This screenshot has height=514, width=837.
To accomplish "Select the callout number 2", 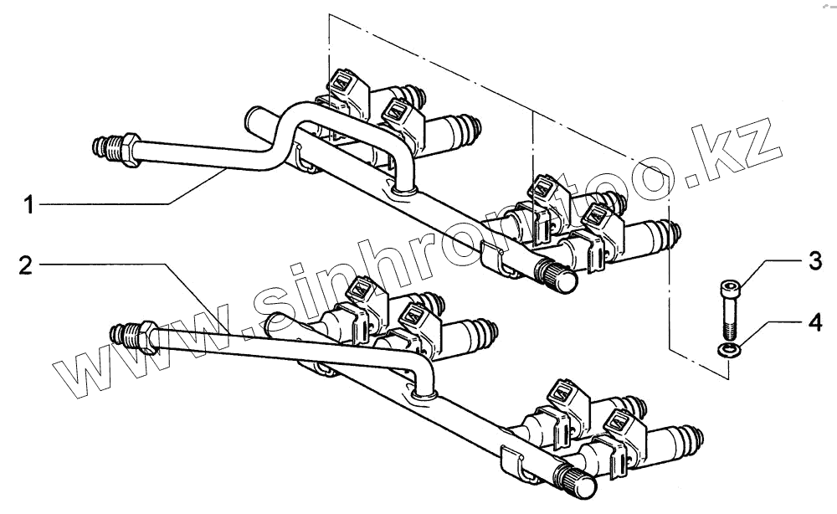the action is pos(27,267).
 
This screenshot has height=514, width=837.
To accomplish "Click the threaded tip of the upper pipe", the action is pos(102,149).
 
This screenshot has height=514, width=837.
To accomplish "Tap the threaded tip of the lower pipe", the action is pos(122,335).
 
